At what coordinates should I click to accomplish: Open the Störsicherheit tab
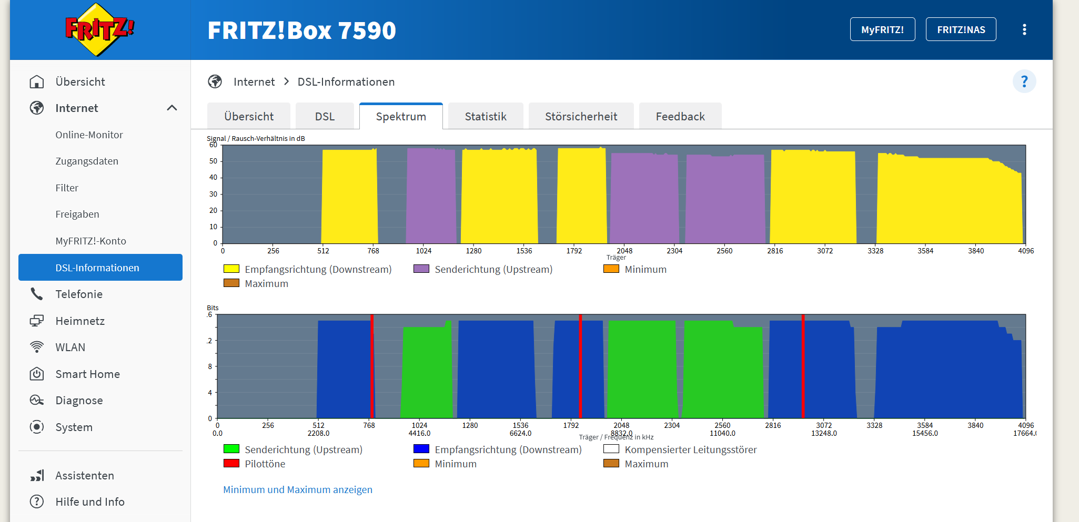point(581,116)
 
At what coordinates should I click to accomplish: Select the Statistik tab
point(485,116)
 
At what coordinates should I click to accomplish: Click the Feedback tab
point(680,116)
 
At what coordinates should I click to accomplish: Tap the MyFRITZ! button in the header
point(882,29)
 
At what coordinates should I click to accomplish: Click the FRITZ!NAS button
point(961,29)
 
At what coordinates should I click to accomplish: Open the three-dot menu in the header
point(1024,29)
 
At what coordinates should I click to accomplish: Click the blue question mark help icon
point(1024,81)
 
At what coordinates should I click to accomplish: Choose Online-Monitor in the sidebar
point(89,135)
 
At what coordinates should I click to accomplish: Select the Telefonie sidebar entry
point(79,294)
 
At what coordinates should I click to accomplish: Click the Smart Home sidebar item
point(87,374)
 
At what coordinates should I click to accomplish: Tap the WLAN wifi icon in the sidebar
point(37,347)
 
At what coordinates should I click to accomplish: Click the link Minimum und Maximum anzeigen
point(298,489)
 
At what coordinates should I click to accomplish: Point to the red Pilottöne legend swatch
point(231,463)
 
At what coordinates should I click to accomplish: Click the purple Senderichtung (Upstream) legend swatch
point(421,269)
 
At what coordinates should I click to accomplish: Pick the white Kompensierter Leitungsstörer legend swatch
point(611,449)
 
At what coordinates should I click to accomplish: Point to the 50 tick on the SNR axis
point(213,161)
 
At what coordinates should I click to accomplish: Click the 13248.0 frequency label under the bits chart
point(824,433)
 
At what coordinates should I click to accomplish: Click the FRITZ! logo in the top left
point(99,29)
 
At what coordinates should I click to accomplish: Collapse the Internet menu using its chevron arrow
point(172,108)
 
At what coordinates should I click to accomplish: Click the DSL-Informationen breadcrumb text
point(346,81)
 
